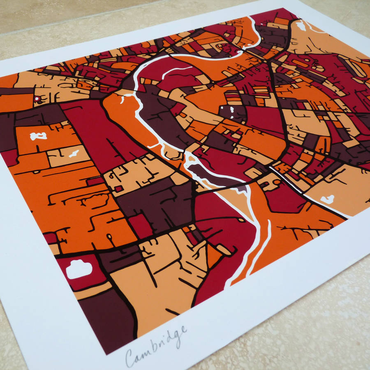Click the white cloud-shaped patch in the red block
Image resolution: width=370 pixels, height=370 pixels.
click(79, 269)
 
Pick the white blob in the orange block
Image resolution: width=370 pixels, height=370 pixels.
click(38, 136)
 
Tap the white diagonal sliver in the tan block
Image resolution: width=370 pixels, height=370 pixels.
click(74, 154)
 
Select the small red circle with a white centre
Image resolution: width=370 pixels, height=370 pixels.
click(37, 99)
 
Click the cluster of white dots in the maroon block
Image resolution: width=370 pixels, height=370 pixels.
click(229, 110)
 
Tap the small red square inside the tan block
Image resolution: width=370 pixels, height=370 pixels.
click(118, 188)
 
